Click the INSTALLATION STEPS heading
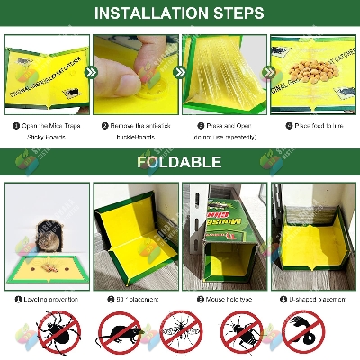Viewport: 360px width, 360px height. click(180, 13)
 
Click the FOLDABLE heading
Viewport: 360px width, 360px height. click(180, 163)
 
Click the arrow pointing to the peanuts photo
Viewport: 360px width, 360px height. click(266, 72)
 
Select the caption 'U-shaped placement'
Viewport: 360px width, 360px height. click(317, 299)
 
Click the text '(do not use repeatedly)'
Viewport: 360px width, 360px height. click(224, 137)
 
